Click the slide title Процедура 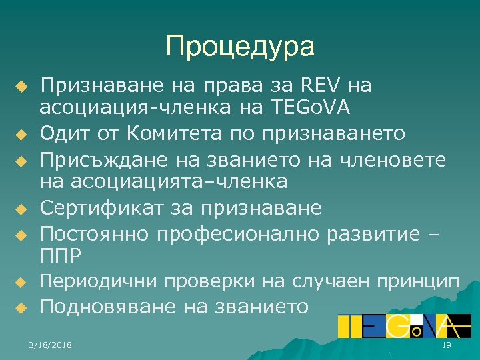(240, 47)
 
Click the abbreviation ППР (61, 255)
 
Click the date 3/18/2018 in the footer (51, 344)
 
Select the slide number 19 (447, 344)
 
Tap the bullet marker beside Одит (22, 135)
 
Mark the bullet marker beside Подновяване (22, 308)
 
